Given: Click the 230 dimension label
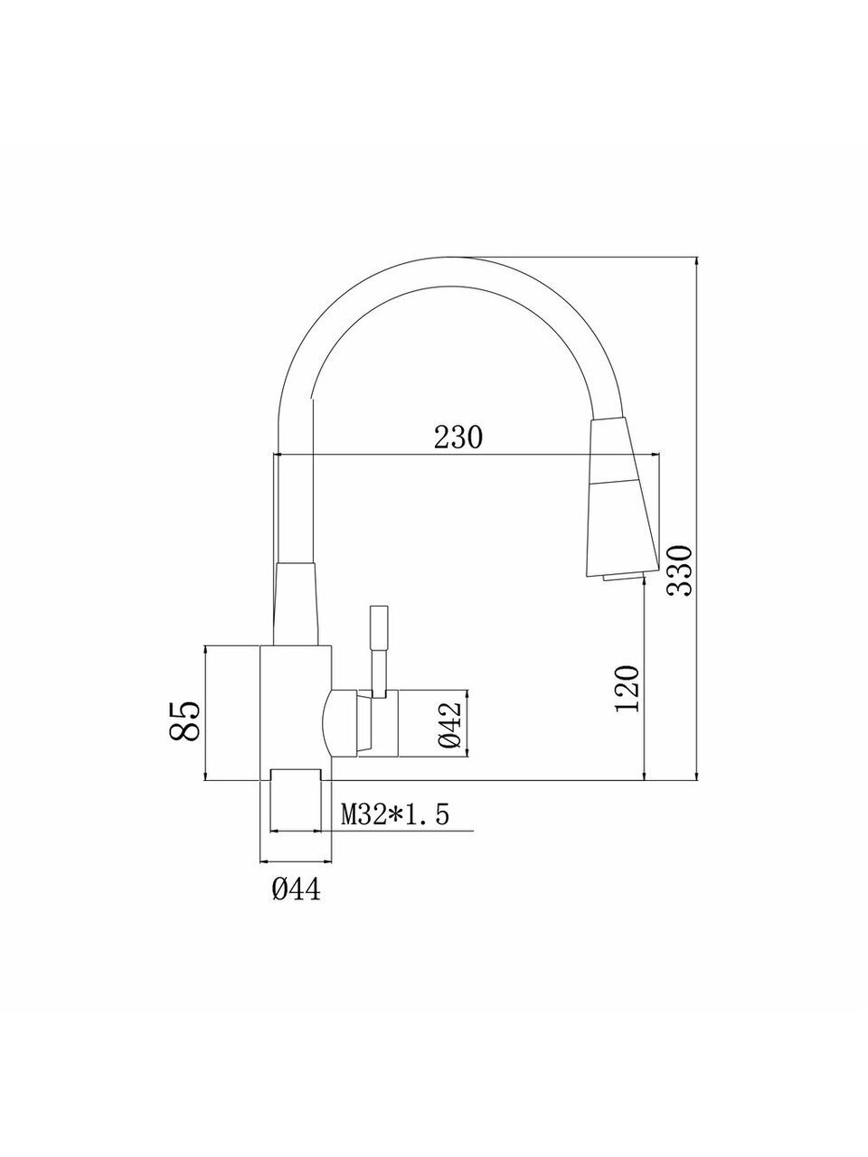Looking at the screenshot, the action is (458, 437).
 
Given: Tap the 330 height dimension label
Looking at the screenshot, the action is (679, 570).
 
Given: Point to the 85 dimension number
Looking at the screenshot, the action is (185, 721).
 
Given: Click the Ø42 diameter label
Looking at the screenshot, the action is (450, 726).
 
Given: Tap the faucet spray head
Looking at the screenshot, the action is (622, 496).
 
